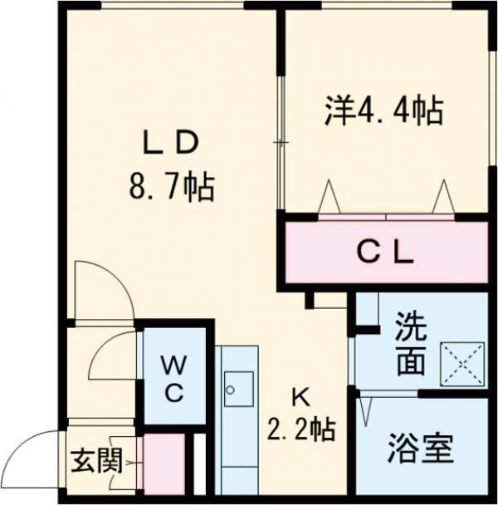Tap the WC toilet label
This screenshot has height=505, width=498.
tap(173, 377)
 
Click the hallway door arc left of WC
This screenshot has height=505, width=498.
tap(112, 357)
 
